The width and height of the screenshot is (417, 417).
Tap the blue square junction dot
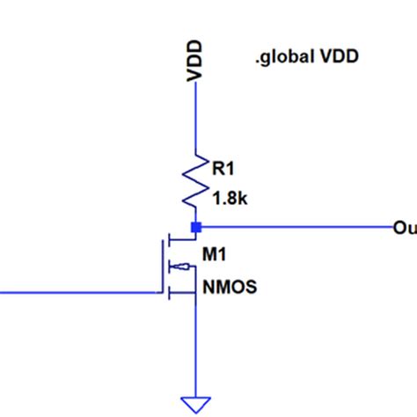pyautogui.click(x=195, y=228)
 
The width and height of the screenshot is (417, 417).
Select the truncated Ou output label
pyautogui.click(x=404, y=229)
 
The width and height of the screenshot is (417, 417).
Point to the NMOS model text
pyautogui.click(x=230, y=286)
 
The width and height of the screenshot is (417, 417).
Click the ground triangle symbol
pyautogui.click(x=194, y=406)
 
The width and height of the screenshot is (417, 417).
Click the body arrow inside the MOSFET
pyautogui.click(x=180, y=267)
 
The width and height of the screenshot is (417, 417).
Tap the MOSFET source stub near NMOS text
pyautogui.click(x=185, y=294)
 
